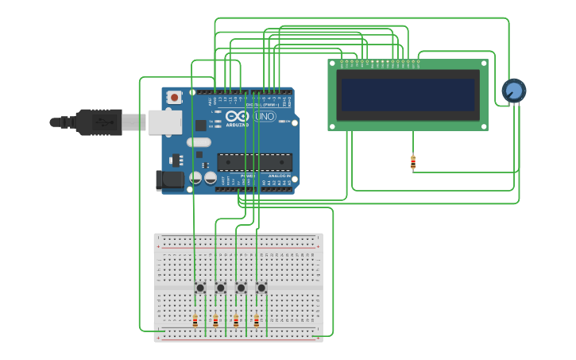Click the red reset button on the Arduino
(174, 97)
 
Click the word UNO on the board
(265, 117)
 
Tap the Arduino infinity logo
(237, 116)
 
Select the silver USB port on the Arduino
(164, 122)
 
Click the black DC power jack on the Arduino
(169, 180)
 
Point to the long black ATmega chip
(254, 161)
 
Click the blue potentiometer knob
(513, 91)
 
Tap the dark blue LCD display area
(408, 95)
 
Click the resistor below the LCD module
(413, 162)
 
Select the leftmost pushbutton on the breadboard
(200, 288)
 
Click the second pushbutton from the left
(221, 288)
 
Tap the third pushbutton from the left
(241, 288)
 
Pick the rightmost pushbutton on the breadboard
(261, 288)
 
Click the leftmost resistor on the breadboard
(195, 321)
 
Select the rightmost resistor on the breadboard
(256, 321)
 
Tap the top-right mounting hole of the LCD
(482, 64)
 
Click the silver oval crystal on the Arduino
(199, 142)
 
